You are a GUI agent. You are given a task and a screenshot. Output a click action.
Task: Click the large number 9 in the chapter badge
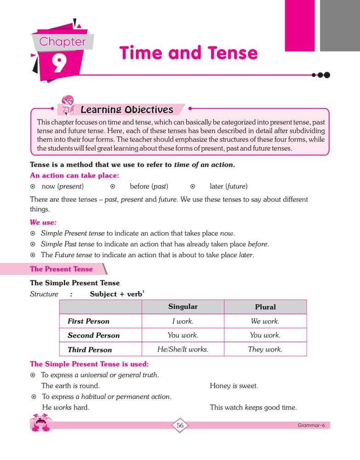point(59,64)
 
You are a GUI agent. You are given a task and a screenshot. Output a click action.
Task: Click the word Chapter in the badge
point(63,41)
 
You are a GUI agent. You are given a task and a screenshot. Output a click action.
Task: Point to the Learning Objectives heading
point(126,110)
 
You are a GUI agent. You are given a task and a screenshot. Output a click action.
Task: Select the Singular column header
point(183,306)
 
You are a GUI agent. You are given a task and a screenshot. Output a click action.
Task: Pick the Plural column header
point(265,307)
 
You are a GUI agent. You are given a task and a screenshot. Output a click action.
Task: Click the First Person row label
point(88,321)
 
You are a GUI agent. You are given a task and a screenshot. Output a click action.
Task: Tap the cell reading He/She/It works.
point(183,349)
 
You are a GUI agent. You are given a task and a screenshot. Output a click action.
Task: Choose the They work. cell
point(265,349)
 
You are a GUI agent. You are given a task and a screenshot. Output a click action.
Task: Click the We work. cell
point(265,321)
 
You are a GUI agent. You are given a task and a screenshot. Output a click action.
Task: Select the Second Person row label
point(93,335)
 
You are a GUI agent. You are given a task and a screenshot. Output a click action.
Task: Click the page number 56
point(180,425)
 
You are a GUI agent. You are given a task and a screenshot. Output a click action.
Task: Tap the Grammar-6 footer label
point(311,425)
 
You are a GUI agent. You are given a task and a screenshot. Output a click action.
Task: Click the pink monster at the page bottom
point(40,422)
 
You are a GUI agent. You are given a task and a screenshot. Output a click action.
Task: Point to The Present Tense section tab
point(62,269)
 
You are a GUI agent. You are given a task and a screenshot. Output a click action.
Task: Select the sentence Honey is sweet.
point(234,386)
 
